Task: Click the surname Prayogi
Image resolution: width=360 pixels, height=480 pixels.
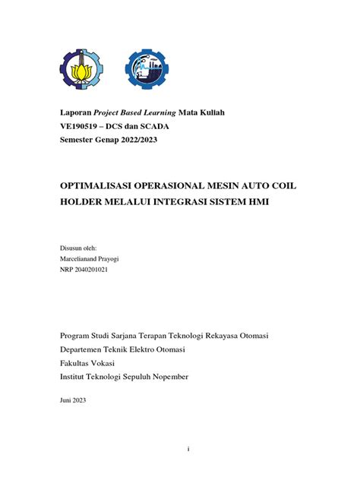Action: coord(118,258)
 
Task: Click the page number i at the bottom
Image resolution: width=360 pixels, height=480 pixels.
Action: coord(188,448)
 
